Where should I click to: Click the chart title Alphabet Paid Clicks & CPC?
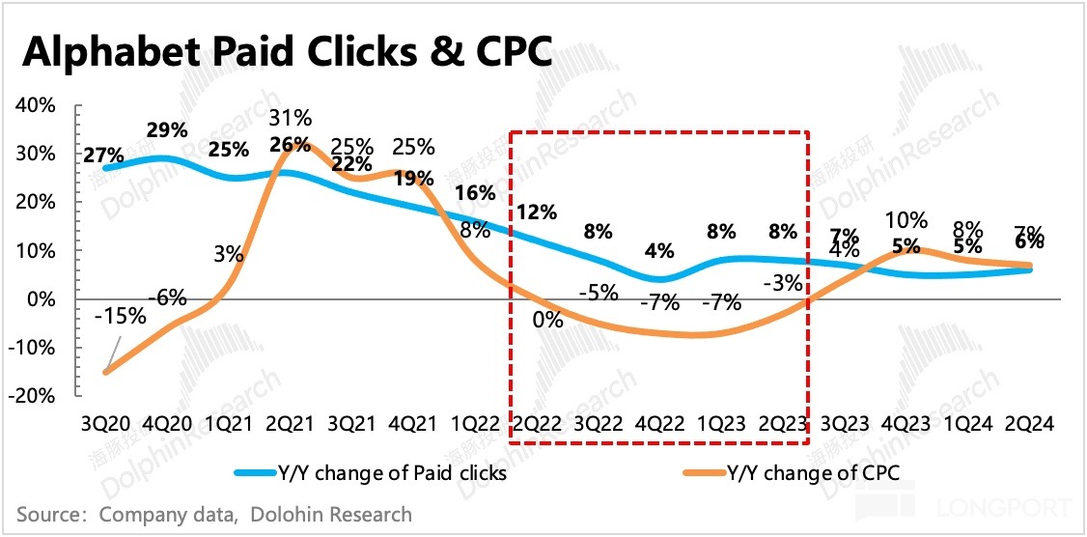[287, 52]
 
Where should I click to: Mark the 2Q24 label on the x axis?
[1029, 424]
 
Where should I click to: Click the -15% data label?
[121, 316]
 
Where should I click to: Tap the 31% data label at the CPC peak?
[290, 119]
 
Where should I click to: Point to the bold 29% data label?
[166, 129]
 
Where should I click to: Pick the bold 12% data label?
[538, 212]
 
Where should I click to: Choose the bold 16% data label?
[475, 192]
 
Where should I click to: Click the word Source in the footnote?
[45, 515]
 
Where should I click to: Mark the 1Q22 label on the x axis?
[475, 424]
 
